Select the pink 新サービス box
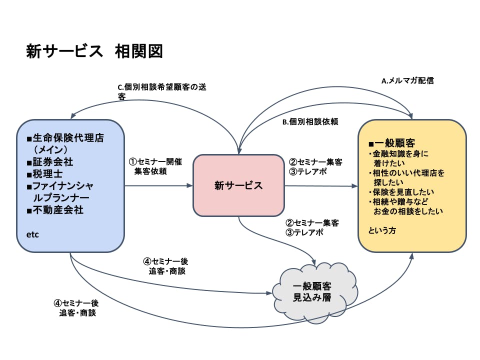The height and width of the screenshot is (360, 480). click(238, 185)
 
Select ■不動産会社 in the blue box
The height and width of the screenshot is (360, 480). click(55, 210)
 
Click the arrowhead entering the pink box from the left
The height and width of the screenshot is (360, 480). click(190, 185)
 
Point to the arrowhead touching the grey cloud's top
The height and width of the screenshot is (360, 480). click(314, 263)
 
